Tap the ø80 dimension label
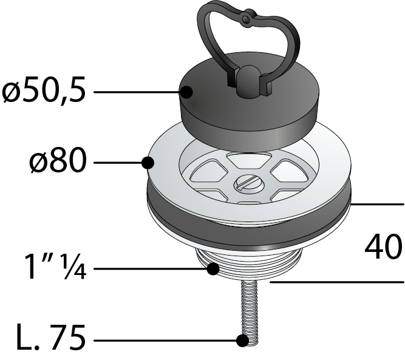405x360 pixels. pos(57,161)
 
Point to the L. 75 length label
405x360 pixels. pos(50,338)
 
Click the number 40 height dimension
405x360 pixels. pos(383,246)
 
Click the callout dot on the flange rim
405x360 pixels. pos(148,163)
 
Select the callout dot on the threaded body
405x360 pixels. pos(213,268)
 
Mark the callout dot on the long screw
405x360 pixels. pos(243,341)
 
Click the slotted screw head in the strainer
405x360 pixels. pos(248,184)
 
